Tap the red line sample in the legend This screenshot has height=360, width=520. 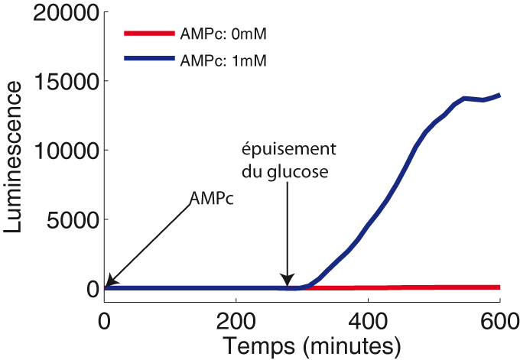pos(153,34)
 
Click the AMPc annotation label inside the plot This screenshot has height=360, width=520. pos(211,199)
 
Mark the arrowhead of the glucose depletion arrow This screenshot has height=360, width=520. pos(288,281)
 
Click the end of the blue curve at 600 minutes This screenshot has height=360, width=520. pos(499,96)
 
